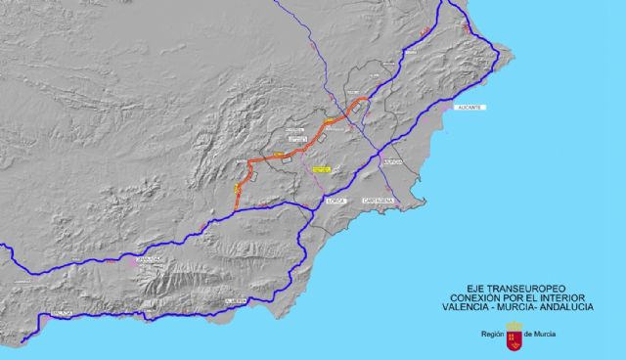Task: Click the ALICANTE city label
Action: pyautogui.click(x=469, y=108)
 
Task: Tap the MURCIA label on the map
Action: pyautogui.click(x=393, y=162)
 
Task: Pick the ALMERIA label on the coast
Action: pyautogui.click(x=233, y=301)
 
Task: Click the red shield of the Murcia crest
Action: pyautogui.click(x=512, y=338)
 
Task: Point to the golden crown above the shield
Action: pyautogui.click(x=512, y=326)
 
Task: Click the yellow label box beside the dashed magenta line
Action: pyautogui.click(x=320, y=168)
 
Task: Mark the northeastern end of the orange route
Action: pyautogui.click(x=366, y=99)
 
